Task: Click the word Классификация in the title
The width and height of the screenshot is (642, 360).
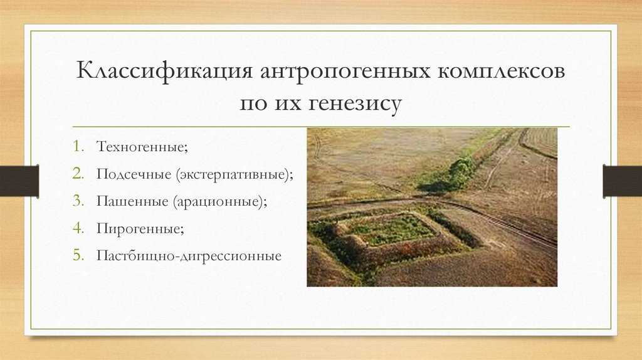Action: point(159,71)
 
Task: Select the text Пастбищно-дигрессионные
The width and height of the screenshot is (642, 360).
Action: point(189,257)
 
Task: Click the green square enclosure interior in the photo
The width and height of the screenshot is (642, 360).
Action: point(392,230)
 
